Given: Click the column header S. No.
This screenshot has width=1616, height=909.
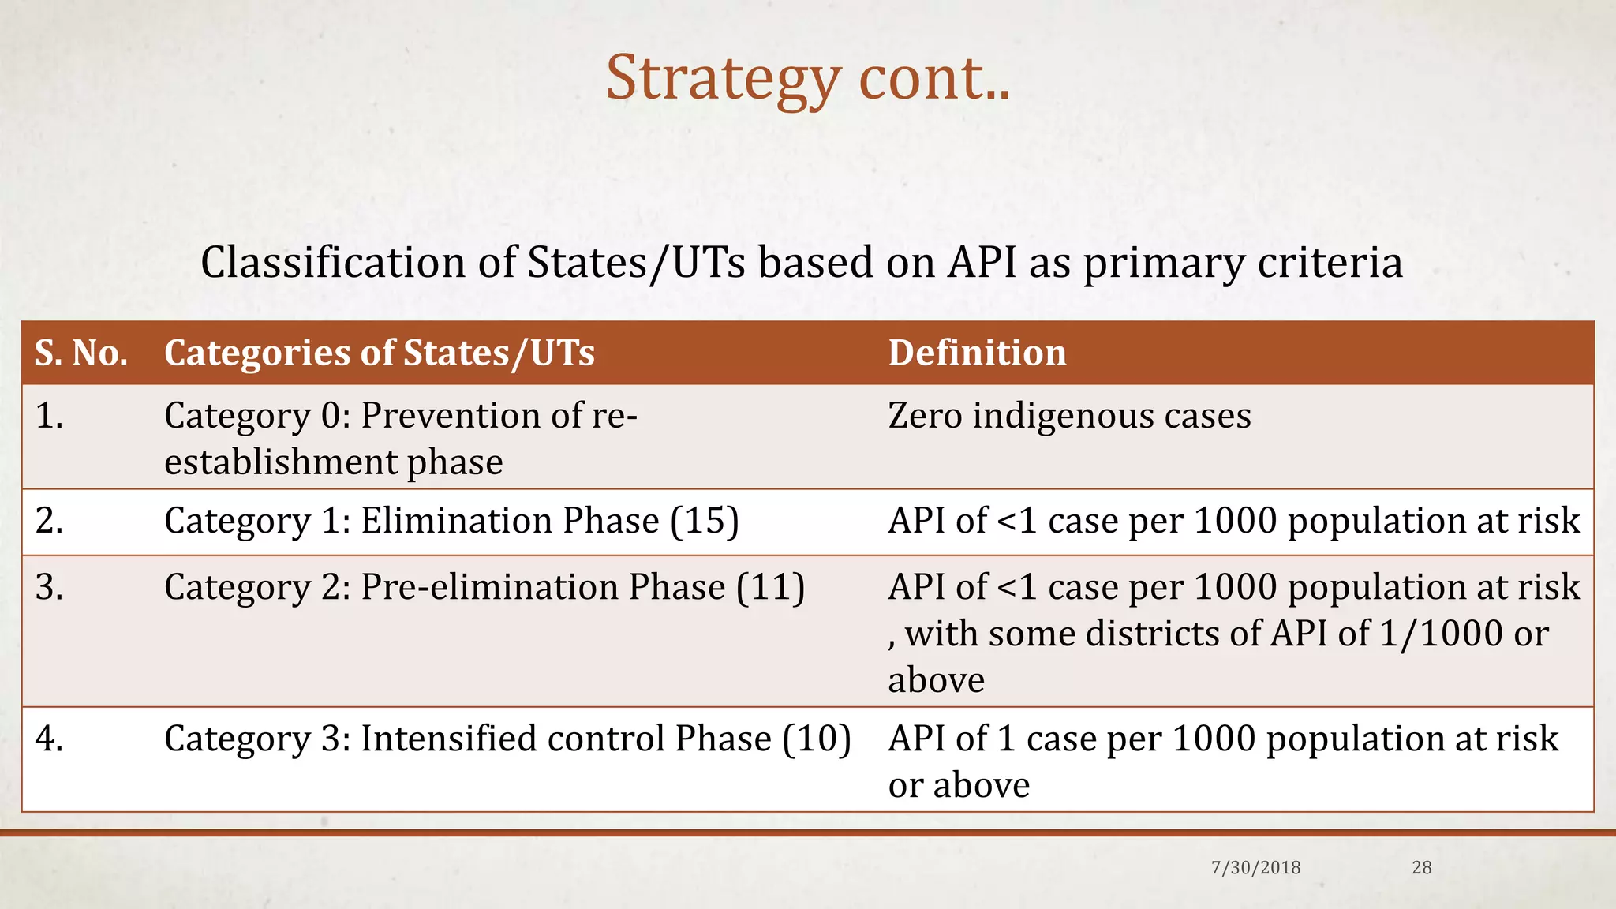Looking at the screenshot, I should (81, 353).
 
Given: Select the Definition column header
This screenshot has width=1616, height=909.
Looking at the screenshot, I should (977, 353).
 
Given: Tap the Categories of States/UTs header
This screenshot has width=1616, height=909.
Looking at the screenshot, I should (379, 353).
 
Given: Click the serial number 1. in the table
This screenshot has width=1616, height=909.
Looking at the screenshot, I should (49, 416).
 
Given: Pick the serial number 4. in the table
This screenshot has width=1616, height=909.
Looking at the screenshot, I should (49, 739).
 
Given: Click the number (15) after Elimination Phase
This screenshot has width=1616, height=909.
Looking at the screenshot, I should (705, 521).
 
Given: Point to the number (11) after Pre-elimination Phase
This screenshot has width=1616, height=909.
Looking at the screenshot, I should (771, 587).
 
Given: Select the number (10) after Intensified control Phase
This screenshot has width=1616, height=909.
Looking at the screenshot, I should (817, 739).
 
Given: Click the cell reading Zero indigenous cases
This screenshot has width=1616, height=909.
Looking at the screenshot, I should (1069, 416).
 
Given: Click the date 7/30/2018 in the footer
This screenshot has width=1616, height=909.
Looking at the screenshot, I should (1255, 868).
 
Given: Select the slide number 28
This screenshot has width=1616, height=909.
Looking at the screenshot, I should (1421, 868).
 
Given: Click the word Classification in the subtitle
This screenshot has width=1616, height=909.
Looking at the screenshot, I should (332, 262).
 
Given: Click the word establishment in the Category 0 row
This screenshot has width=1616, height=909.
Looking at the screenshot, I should (279, 462).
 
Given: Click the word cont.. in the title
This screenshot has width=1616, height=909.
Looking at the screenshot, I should (934, 79).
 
